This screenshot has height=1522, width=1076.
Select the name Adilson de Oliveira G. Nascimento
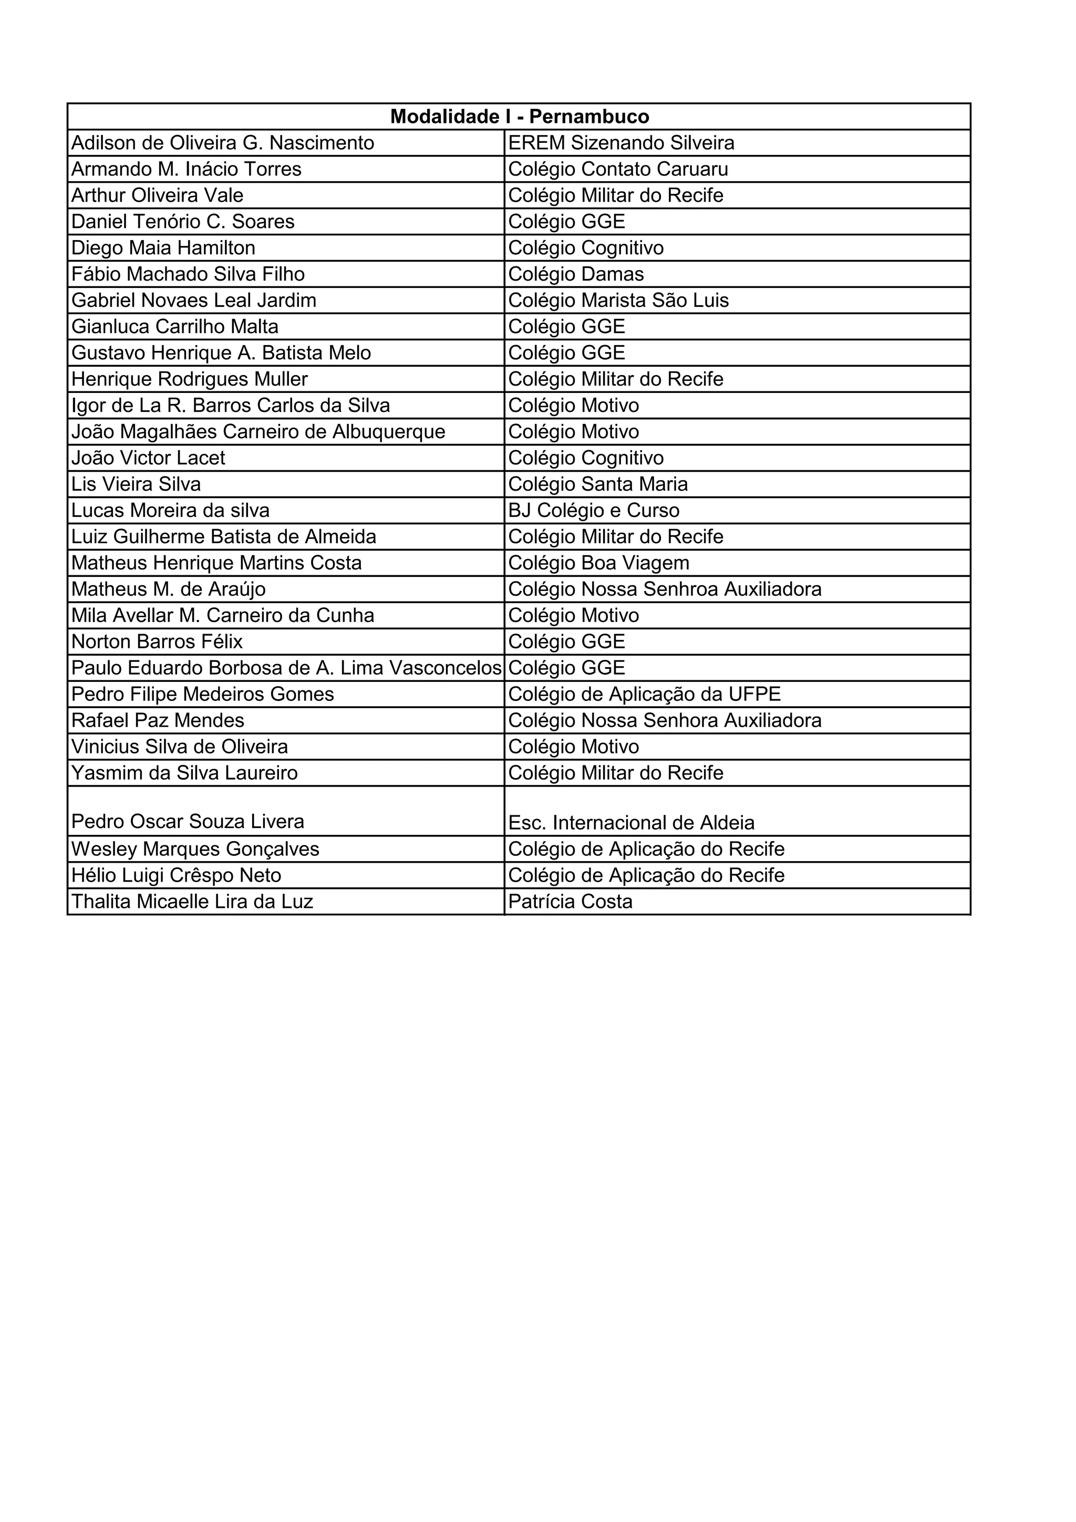[223, 143]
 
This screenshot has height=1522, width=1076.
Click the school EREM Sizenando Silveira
[621, 143]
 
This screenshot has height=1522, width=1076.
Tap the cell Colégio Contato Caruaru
[618, 169]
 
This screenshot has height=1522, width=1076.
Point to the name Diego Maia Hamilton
[163, 248]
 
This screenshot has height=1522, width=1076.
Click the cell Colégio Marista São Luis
[618, 301]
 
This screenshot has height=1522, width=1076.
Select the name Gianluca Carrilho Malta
[175, 327]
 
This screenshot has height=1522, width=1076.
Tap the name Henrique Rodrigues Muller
[190, 379]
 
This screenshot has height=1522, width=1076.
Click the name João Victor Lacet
[149, 458]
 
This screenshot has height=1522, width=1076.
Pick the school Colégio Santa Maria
[597, 484]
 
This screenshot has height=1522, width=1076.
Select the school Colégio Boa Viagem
[598, 563]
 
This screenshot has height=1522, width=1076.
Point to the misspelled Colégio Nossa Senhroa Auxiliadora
[664, 589]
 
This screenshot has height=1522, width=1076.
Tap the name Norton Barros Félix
[157, 641]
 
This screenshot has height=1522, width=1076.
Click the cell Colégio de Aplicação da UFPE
[645, 694]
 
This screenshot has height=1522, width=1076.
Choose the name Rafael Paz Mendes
[158, 721]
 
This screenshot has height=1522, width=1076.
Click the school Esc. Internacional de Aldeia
[631, 823]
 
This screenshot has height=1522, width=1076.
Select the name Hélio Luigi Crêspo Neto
[177, 876]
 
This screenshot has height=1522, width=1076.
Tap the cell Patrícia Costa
[570, 902]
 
